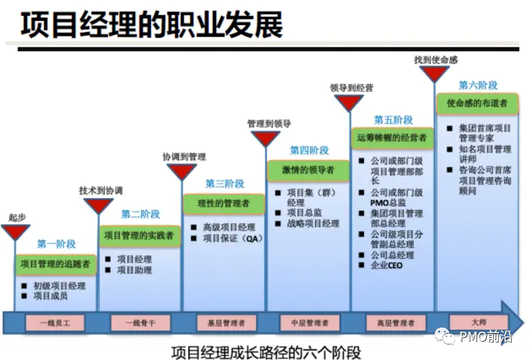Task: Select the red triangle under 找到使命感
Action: tap(434, 73)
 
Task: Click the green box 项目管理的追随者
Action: tap(56, 263)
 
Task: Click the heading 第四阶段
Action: tap(309, 150)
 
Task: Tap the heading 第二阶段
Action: tap(140, 214)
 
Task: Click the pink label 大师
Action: tap(478, 322)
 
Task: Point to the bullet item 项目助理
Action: tap(134, 270)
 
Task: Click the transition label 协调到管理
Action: tap(184, 156)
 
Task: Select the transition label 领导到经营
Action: tap(352, 88)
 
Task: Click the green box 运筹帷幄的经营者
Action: tap(392, 137)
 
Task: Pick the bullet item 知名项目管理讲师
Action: tap(485, 154)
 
